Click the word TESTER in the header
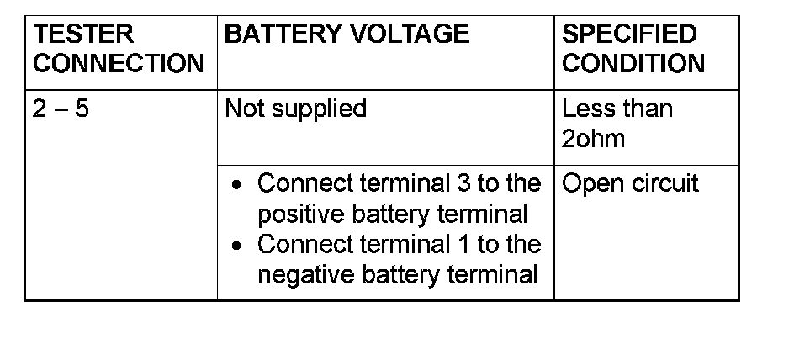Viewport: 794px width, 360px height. click(71, 34)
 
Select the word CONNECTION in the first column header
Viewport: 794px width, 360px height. click(118, 63)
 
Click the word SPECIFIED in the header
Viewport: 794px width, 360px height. click(629, 34)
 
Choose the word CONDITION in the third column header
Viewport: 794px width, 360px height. click(633, 63)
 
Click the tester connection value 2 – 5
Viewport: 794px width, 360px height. click(61, 109)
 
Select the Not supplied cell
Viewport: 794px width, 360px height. click(296, 109)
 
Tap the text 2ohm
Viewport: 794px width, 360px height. click(594, 138)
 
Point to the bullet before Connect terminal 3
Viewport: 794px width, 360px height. click(240, 185)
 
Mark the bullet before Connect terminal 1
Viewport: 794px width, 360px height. click(240, 246)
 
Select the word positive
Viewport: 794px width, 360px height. click(299, 214)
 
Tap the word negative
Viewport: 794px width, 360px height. click(304, 275)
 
